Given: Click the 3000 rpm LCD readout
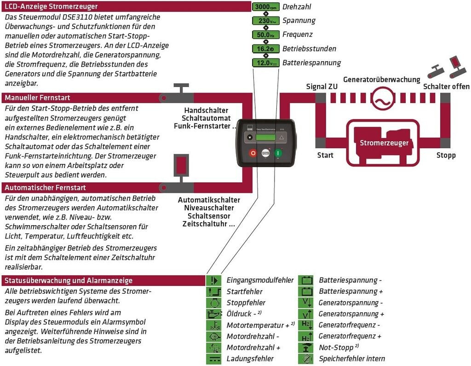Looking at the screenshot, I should click(265, 7).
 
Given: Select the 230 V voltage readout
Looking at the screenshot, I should click(265, 21).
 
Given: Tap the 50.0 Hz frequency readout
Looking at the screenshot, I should click(265, 35).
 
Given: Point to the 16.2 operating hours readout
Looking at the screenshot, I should click(265, 49).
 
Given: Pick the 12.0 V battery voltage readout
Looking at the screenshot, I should click(265, 63).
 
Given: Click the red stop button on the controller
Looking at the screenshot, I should click(253, 153).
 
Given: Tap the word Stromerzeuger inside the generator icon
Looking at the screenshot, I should click(384, 143).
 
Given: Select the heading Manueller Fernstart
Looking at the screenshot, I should click(38, 98).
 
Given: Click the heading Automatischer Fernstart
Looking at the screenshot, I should click(45, 187).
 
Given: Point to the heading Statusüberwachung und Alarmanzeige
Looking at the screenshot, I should click(69, 280).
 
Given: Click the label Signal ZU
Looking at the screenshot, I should click(322, 87).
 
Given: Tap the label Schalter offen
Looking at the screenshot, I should click(446, 87).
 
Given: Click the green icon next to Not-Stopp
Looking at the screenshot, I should click(305, 348).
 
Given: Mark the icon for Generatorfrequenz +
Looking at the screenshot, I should click(305, 337).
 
